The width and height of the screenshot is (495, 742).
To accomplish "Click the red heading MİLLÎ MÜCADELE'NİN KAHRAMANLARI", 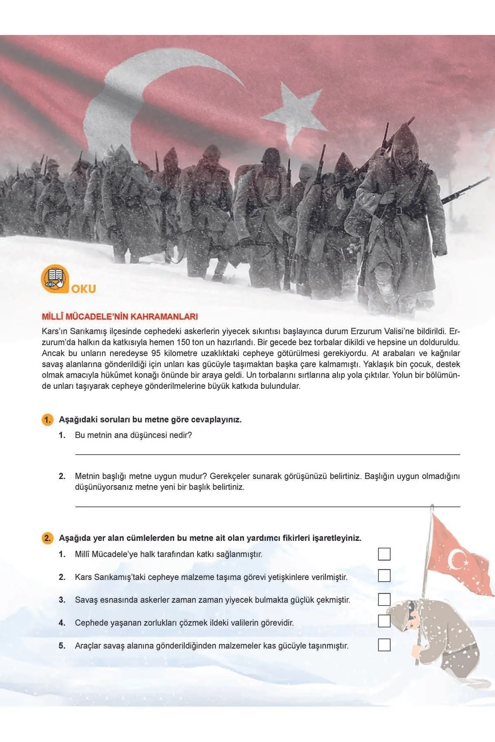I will [120, 317].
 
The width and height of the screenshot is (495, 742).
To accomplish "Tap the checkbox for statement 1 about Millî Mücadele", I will [384, 554].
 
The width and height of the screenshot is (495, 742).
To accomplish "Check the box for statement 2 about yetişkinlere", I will [384, 576].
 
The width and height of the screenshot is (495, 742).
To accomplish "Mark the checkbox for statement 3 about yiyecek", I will [384, 599].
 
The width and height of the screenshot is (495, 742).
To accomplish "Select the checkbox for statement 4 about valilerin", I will [384, 621].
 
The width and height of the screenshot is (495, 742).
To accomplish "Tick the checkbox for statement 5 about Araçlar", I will [384, 645].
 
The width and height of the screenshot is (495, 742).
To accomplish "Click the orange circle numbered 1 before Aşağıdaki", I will [48, 420].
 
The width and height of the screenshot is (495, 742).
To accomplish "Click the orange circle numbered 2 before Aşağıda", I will [48, 538].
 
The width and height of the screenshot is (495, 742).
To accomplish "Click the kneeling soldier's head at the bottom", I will [406, 614].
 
